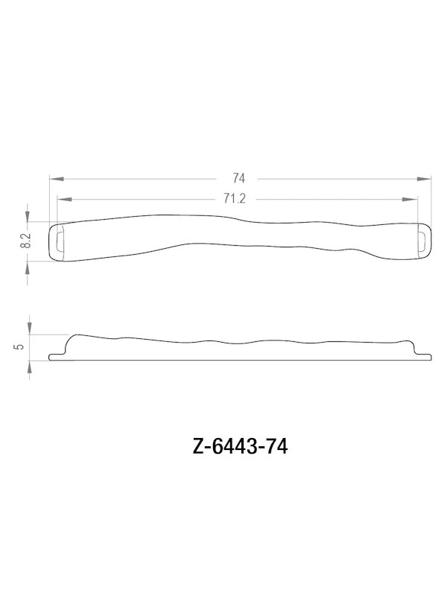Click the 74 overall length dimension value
(x=238, y=178)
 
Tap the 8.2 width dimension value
(x=25, y=240)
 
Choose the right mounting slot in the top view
(x=422, y=240)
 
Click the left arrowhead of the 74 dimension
(x=54, y=178)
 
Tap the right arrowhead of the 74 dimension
(x=428, y=178)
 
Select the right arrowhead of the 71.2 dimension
(x=412, y=199)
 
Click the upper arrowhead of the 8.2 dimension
(x=28, y=218)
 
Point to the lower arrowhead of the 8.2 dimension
(x=28, y=262)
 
